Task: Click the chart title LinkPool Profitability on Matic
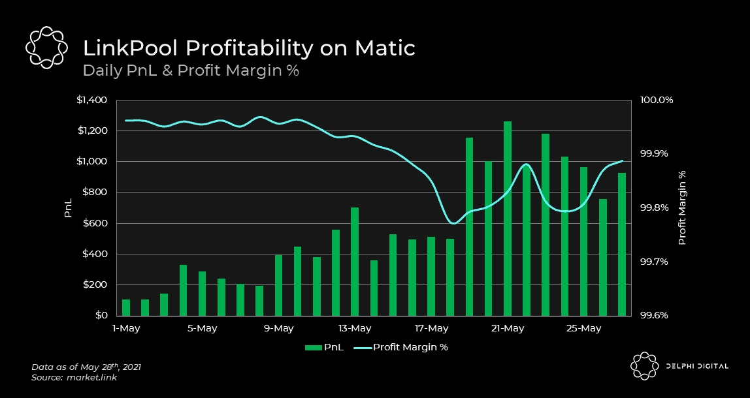[x=248, y=48]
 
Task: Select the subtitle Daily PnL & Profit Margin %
[x=190, y=70]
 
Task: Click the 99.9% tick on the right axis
[x=656, y=154]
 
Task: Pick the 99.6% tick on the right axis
[x=656, y=315]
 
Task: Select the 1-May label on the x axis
[x=126, y=328]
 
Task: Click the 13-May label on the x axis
[x=355, y=328]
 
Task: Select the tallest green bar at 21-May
[x=507, y=219]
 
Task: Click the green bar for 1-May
[x=126, y=307]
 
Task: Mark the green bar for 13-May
[x=355, y=261]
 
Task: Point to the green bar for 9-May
[x=278, y=285]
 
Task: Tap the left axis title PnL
[x=68, y=208]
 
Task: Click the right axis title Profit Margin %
[x=682, y=208]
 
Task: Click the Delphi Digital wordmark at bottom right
[x=695, y=367]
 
